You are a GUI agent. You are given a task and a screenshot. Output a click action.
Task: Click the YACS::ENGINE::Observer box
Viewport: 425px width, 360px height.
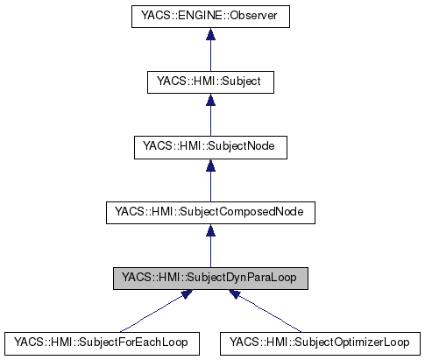point(210,17)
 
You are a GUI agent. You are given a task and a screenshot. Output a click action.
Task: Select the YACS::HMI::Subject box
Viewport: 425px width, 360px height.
point(210,81)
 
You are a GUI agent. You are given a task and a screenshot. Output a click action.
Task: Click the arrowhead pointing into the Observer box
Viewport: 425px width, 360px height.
point(210,35)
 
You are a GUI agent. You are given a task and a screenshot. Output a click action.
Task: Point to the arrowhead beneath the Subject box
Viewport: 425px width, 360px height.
point(210,100)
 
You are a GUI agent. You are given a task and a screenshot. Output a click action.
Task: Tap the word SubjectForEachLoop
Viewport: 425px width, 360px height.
point(133,341)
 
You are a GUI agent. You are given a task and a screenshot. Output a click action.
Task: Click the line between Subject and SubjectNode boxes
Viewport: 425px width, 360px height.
point(210,118)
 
